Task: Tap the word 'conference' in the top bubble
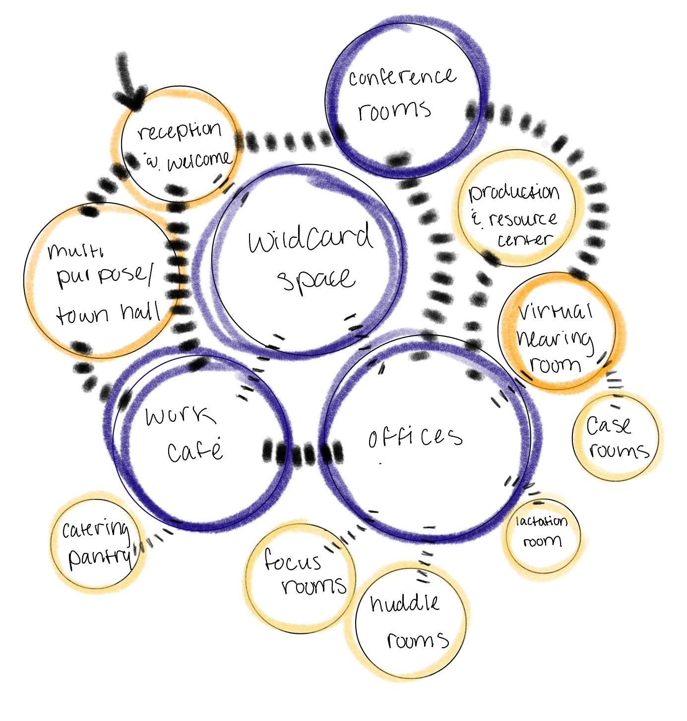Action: [x=401, y=78]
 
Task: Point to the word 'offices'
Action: [x=415, y=437]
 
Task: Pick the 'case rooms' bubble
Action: [x=617, y=436]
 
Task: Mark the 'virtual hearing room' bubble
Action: [x=557, y=337]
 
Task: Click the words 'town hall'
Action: [x=108, y=313]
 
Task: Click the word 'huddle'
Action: [x=405, y=604]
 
